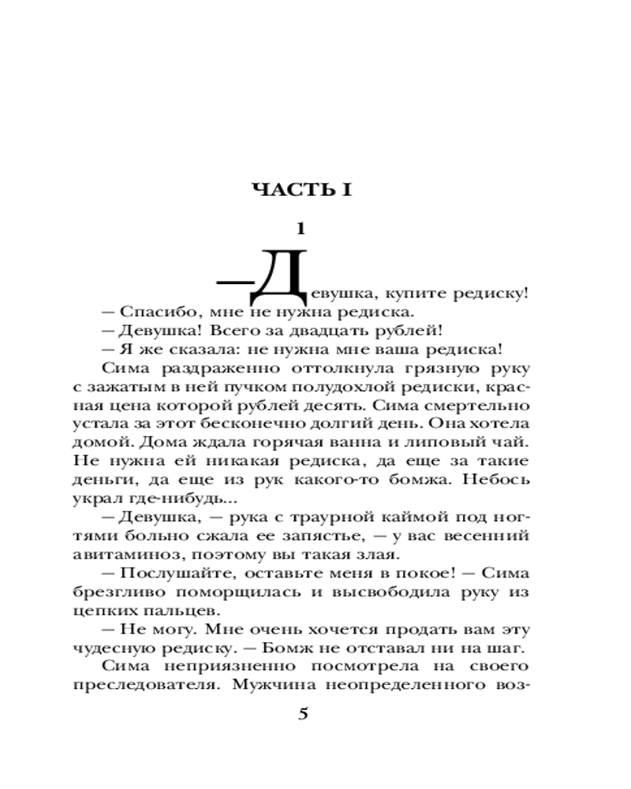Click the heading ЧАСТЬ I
click(301, 189)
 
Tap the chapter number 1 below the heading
click(299, 230)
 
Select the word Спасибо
click(150, 313)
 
